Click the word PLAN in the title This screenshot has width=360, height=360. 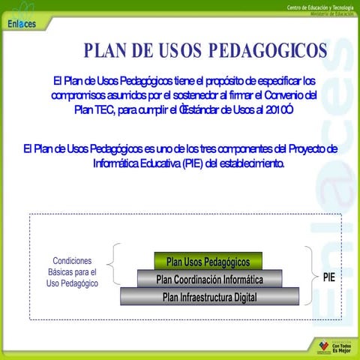tap(106, 51)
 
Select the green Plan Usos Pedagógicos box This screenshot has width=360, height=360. tap(208, 262)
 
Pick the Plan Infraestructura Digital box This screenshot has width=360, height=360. tap(209, 298)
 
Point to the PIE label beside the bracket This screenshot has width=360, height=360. tap(328, 277)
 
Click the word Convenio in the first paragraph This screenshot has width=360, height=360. tap(286, 95)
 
